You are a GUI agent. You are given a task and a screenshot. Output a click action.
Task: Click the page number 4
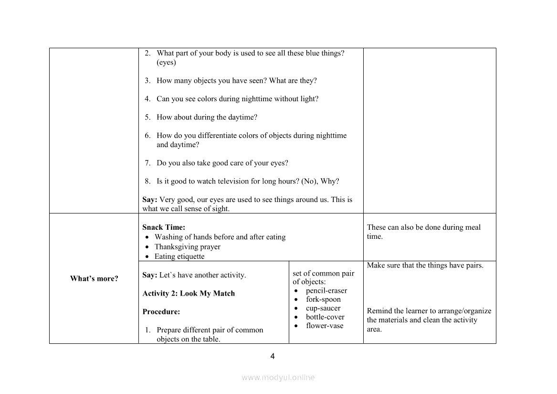(273, 356)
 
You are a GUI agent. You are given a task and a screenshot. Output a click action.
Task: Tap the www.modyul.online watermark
(278, 377)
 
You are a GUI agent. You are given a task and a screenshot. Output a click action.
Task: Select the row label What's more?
(94, 278)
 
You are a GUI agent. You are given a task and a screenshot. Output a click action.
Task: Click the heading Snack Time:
(164, 227)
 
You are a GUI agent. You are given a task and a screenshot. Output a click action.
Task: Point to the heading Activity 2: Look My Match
(189, 293)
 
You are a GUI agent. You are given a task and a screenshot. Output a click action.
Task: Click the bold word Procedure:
(161, 311)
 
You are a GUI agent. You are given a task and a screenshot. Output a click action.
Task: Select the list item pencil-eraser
(326, 290)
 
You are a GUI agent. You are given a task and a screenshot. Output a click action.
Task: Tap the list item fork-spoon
(323, 299)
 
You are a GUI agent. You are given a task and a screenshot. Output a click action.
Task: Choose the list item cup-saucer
(323, 308)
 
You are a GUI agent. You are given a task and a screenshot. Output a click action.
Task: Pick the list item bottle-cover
(325, 317)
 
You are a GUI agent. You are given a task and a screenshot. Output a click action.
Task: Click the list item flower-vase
(325, 326)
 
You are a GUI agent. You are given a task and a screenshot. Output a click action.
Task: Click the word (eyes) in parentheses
(166, 63)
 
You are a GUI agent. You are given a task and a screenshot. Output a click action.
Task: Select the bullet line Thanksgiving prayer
(187, 246)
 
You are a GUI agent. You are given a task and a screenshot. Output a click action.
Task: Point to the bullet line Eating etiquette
(179, 256)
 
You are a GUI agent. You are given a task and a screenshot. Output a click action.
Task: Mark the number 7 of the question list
(147, 163)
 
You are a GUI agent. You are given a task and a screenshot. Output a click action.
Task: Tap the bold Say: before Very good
(150, 200)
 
